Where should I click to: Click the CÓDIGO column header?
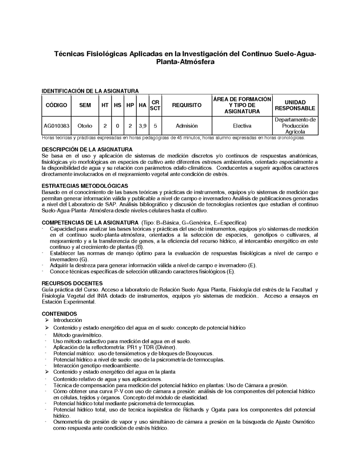(57, 105)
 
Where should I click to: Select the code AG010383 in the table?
(57, 126)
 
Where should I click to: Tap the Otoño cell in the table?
(85, 126)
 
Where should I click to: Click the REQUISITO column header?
(187, 105)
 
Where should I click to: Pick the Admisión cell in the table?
(187, 126)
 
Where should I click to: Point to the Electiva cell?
(242, 126)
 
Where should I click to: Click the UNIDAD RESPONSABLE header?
(295, 105)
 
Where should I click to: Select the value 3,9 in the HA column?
(143, 126)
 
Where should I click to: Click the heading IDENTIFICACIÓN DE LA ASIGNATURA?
(90, 91)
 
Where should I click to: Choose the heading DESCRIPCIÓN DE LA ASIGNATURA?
(86, 149)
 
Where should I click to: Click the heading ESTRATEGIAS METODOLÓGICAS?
(85, 186)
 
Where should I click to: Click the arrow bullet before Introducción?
(47, 320)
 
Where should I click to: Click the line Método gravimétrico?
(78, 335)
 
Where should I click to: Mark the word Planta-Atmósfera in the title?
(185, 62)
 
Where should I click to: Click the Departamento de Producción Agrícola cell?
(295, 126)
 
